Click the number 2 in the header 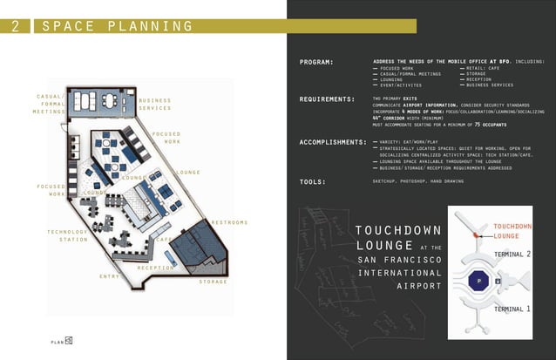pyautogui.click(x=15, y=26)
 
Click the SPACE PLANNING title pyautogui.click(x=118, y=26)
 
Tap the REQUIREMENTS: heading pyautogui.click(x=328, y=99)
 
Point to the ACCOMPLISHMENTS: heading pyautogui.click(x=332, y=141)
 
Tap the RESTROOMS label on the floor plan pyautogui.click(x=230, y=222)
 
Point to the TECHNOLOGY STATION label pyautogui.click(x=67, y=235)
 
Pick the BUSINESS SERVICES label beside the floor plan pyautogui.click(x=154, y=104)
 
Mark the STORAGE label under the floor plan pyautogui.click(x=213, y=282)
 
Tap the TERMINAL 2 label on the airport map pyautogui.click(x=512, y=255)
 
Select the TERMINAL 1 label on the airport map pyautogui.click(x=512, y=309)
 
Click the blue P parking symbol pyautogui.click(x=478, y=282)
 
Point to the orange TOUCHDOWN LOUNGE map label pyautogui.click(x=512, y=231)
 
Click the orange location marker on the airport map pyautogui.click(x=476, y=234)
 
